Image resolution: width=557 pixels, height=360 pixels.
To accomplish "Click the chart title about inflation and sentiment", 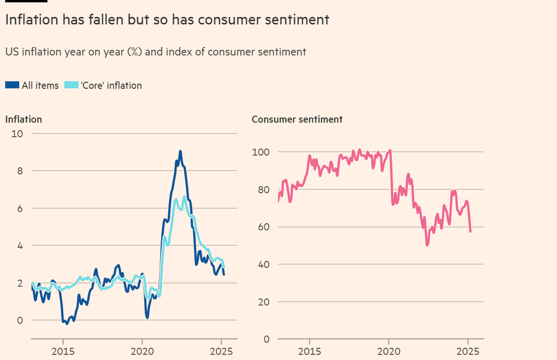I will (x=167, y=20).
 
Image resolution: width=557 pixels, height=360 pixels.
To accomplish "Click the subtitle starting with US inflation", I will (x=155, y=52).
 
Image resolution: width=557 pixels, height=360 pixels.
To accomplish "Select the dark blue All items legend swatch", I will (x=12, y=85).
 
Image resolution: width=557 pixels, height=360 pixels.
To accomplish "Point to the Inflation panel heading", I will (x=23, y=119).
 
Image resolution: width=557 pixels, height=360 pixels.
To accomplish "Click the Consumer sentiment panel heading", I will (x=297, y=119).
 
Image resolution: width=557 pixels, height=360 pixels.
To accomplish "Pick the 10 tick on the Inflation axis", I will (x=17, y=134).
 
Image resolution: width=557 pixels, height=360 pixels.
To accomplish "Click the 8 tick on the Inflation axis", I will (x=20, y=171).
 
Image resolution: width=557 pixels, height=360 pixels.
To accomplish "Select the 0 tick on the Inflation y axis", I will (x=20, y=321).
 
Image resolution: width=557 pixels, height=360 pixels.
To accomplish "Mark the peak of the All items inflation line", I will (x=180, y=151).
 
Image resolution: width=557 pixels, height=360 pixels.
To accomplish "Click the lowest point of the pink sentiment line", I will (x=427, y=245).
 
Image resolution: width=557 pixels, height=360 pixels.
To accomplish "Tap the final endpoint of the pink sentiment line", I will (x=471, y=231).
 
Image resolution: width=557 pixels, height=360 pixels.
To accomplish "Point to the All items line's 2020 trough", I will (x=147, y=318).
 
